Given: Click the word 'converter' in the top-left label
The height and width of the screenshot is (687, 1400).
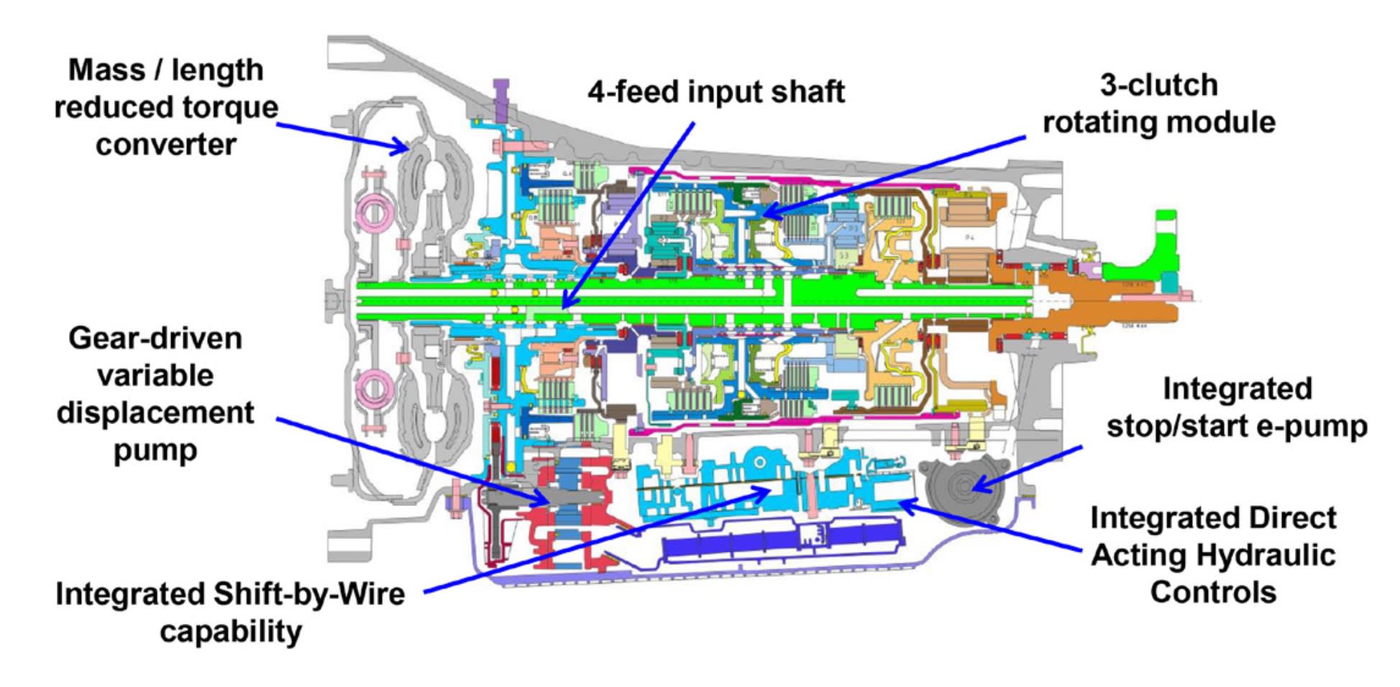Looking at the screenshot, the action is (x=165, y=144).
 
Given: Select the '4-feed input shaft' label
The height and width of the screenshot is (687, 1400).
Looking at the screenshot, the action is (x=715, y=92).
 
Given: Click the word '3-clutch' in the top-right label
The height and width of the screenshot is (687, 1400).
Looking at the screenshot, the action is (x=1158, y=86).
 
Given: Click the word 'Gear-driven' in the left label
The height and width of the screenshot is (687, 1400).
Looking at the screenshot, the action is (x=155, y=338).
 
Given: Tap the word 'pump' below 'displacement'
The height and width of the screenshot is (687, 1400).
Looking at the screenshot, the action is (x=155, y=451).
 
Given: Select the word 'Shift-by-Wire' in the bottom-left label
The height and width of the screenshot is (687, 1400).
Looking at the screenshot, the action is (x=308, y=594).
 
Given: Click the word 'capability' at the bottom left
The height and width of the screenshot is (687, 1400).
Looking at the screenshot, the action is (x=230, y=632).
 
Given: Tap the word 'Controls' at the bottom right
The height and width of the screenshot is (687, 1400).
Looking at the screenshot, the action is (x=1212, y=593).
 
